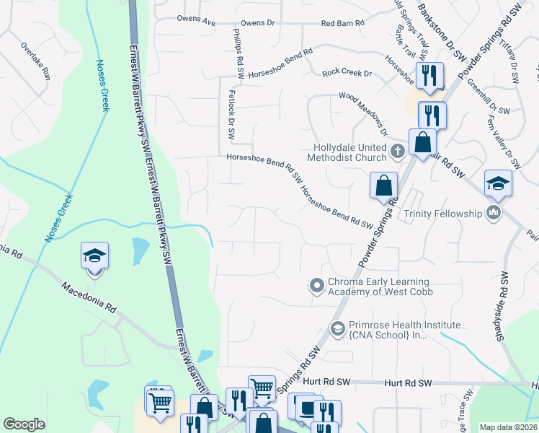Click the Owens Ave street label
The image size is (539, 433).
(197, 23)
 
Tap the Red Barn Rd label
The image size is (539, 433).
(342, 23)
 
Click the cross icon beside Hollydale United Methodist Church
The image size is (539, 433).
(398, 152)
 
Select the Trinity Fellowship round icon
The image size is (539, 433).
(494, 213)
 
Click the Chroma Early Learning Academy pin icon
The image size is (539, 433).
(316, 287)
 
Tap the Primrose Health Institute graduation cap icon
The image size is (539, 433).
(337, 329)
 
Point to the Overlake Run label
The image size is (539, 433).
(35, 62)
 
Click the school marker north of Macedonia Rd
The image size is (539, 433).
(94, 257)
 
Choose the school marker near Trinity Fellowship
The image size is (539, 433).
(498, 185)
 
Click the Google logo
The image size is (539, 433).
(24, 424)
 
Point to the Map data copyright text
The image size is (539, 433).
(509, 427)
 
